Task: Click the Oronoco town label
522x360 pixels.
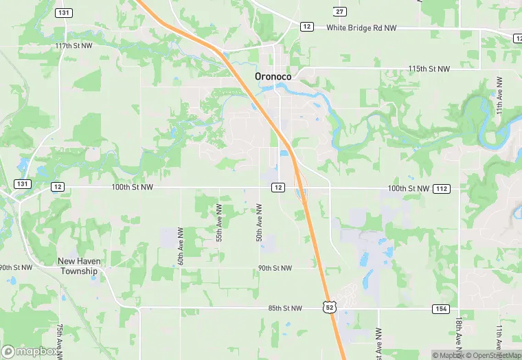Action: click(273, 77)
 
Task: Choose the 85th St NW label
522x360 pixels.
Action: click(285, 308)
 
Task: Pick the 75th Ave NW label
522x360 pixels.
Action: click(60, 339)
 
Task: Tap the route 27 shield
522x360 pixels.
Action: click(340, 11)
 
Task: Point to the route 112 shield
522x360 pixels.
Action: click(442, 188)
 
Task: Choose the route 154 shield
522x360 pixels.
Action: click(441, 308)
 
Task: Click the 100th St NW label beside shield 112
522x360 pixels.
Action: click(408, 188)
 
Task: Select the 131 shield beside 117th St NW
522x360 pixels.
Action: click(64, 12)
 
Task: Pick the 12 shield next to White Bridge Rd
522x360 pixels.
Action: click(306, 26)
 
